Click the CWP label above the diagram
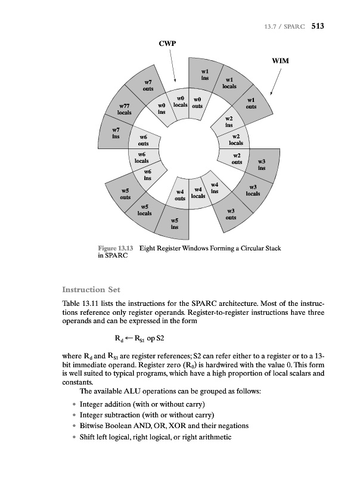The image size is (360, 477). coord(167,44)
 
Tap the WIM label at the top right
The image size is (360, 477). coord(280,61)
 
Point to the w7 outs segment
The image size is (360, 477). coord(148,85)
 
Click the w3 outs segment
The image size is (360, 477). coord(231,214)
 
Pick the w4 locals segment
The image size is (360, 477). coord(198,193)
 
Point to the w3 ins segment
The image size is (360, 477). coord(262,165)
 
